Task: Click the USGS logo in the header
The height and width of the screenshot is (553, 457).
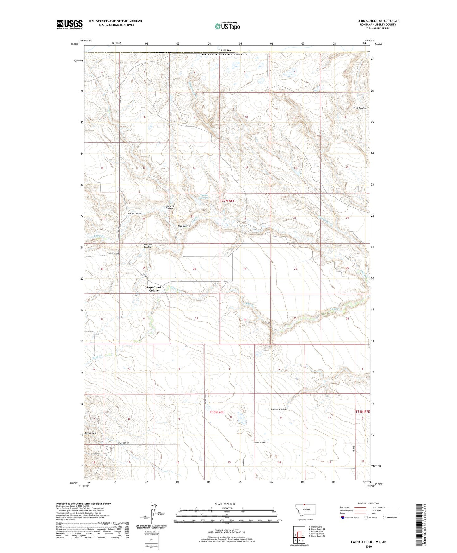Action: [x=70, y=24]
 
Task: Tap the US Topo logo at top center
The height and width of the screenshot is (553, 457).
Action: [x=227, y=26]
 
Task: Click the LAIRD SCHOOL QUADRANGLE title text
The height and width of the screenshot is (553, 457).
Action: [x=377, y=21]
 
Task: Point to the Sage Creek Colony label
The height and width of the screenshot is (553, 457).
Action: [x=154, y=289]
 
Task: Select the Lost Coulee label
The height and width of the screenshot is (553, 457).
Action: [x=360, y=108]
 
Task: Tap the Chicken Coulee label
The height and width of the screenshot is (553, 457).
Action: [x=148, y=246]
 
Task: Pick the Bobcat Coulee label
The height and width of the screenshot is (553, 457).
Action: [x=278, y=410]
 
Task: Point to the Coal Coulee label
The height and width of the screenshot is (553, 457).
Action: [x=134, y=213]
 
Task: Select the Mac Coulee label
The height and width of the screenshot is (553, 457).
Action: [x=184, y=226]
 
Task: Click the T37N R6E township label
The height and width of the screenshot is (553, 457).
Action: [x=227, y=201]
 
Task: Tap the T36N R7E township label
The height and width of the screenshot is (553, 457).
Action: [x=362, y=412]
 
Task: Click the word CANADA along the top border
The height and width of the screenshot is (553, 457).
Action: [x=225, y=50]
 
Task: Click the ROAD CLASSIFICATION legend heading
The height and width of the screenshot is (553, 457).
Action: [x=368, y=503]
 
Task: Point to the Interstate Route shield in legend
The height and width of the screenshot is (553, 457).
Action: [x=343, y=518]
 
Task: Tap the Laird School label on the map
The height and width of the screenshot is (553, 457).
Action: [x=114, y=253]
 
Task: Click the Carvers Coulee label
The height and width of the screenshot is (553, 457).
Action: [x=170, y=207]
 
